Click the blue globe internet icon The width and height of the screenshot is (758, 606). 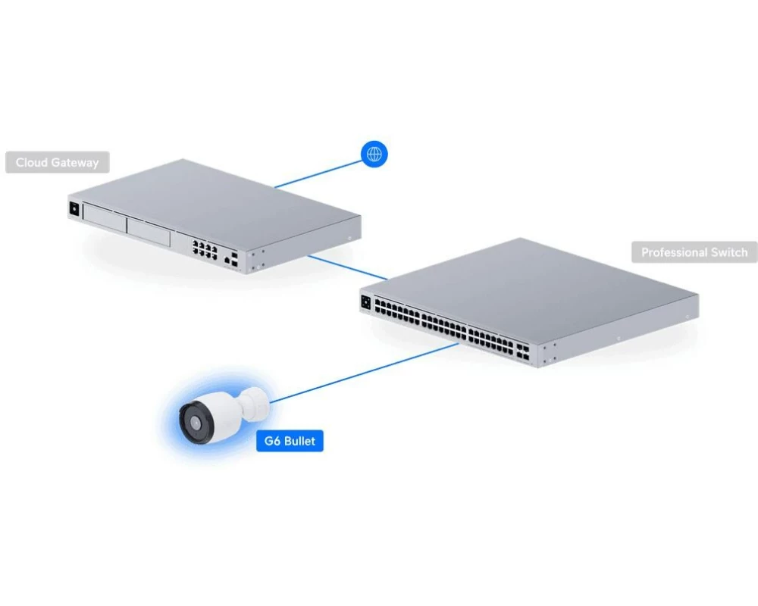(x=374, y=155)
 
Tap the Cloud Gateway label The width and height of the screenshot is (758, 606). (x=57, y=162)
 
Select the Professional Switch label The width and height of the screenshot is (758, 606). (x=694, y=252)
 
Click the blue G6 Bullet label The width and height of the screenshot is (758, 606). (x=290, y=441)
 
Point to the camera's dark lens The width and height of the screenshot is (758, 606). (x=195, y=422)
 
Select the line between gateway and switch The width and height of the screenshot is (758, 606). (x=347, y=267)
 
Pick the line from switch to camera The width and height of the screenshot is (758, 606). (x=365, y=373)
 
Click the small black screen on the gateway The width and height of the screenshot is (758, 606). (x=74, y=209)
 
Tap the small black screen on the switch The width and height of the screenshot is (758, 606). (x=366, y=302)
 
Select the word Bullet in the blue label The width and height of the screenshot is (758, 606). (x=299, y=441)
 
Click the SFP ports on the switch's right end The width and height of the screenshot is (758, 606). (x=522, y=352)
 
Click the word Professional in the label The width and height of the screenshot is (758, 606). (x=672, y=252)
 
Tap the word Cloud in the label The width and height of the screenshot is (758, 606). (x=31, y=162)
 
